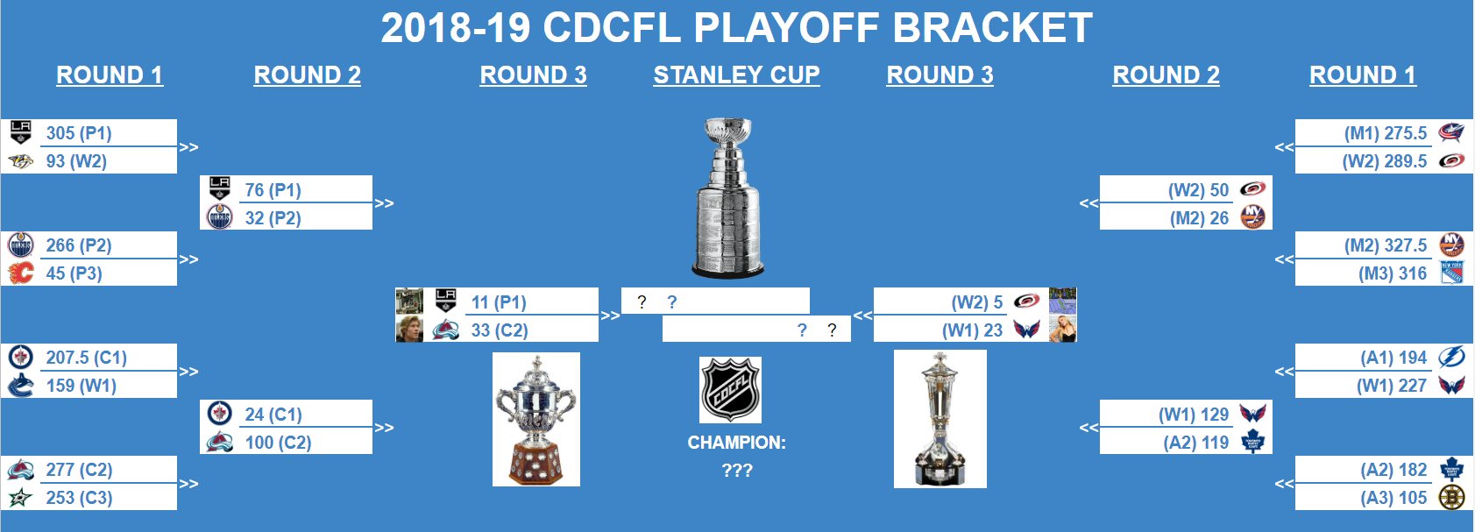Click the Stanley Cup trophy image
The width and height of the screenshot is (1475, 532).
point(727,197)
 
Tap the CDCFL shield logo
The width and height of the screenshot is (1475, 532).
point(730,390)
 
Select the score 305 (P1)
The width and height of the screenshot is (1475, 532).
point(78,133)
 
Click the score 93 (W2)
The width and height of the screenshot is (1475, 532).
point(75,161)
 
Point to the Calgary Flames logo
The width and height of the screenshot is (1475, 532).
point(20,273)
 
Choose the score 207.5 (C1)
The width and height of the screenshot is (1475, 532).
point(86,358)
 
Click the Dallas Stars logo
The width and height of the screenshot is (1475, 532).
point(20,498)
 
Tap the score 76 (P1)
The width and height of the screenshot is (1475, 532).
point(273,190)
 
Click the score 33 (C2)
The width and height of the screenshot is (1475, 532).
point(500,330)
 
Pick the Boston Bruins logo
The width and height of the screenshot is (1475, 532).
point(1451,497)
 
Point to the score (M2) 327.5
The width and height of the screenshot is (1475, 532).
point(1386,245)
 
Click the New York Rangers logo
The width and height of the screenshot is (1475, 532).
point(1451,273)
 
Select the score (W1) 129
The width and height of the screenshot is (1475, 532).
point(1194,415)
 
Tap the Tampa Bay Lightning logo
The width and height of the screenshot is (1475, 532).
point(1451,358)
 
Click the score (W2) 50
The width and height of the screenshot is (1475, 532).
point(1198,190)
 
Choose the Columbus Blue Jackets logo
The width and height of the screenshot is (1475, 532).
point(1451,132)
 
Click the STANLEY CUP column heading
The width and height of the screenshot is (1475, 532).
point(736,75)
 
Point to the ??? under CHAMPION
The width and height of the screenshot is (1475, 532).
point(737,471)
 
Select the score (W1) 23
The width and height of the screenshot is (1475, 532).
point(973,330)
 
